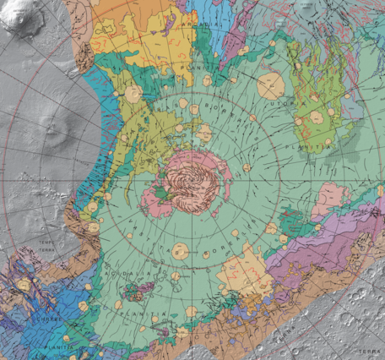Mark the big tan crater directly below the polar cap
point(179,251)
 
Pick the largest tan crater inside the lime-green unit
point(316,117)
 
